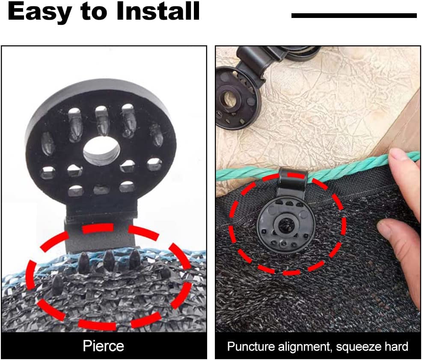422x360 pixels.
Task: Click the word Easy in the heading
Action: [x=39, y=12]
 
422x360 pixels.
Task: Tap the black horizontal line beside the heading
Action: [x=354, y=15]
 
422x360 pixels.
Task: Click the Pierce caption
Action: [x=103, y=345]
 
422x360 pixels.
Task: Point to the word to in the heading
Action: [x=93, y=12]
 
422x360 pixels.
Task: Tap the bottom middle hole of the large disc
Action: [x=101, y=189]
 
